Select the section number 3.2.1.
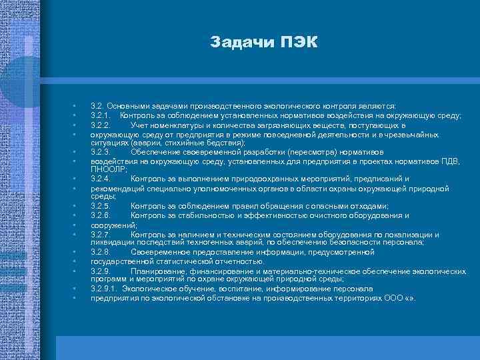coord(101,115)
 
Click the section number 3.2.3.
coord(101,151)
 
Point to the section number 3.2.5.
coord(101,206)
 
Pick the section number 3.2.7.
coord(101,235)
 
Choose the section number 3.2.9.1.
coord(104,289)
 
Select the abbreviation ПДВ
coord(429,161)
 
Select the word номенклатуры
coord(181,125)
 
